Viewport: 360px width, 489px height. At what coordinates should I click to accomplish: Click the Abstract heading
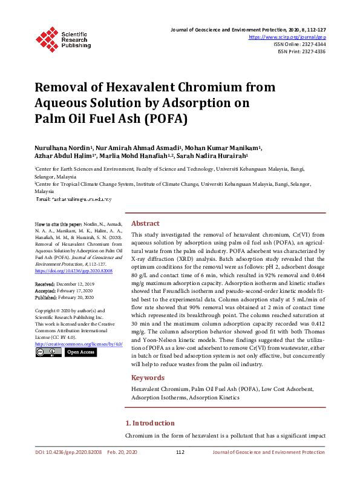point(145,223)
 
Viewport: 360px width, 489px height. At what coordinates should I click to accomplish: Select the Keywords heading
point(148,378)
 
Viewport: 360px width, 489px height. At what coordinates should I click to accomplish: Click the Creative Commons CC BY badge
point(48,352)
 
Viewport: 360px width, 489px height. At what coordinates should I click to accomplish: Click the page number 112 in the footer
point(180,452)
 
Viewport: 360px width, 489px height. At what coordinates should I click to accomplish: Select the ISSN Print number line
point(301,51)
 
